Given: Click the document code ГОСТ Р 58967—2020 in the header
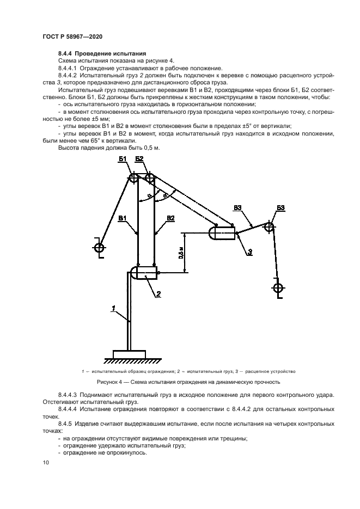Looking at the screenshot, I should tap(72, 36).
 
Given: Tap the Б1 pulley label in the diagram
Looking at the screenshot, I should tap(123, 158).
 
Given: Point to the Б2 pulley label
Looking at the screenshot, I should tap(139, 158).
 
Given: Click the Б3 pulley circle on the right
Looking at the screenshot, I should tap(269, 226).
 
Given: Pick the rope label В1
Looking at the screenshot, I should tap(123, 218).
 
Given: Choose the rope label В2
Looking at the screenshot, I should tap(170, 218).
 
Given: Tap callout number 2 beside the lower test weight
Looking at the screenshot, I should tap(158, 294).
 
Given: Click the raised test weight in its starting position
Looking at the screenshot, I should tap(222, 233).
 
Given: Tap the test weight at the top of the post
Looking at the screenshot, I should tap(144, 272).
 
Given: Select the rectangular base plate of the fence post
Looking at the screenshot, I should tap(130, 354).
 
